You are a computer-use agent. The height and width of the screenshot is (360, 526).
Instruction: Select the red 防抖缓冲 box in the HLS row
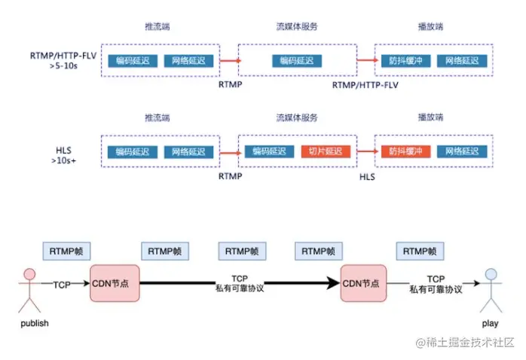(405, 151)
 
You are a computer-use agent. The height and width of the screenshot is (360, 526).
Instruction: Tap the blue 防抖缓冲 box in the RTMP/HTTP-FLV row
(405, 60)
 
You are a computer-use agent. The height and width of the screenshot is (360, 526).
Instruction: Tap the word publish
(31, 323)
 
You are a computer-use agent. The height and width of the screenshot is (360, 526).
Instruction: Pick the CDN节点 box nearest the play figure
(364, 284)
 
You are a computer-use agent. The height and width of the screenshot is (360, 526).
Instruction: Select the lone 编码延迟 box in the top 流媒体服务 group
(297, 60)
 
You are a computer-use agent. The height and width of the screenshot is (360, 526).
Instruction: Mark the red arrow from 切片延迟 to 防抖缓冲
(366, 151)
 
